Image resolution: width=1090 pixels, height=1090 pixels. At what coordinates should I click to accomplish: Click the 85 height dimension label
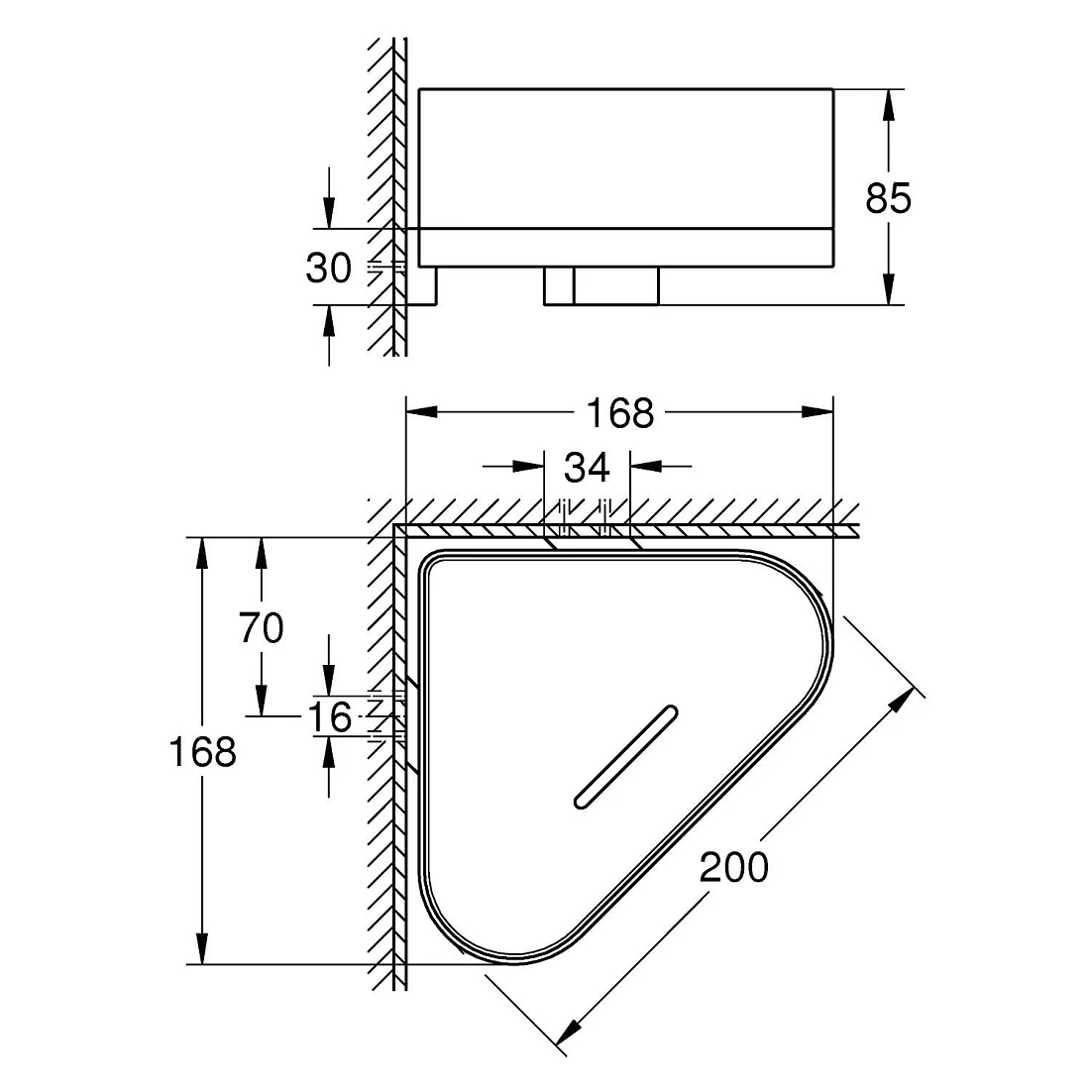point(888,198)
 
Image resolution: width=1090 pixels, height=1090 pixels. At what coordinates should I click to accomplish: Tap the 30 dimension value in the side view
point(328,268)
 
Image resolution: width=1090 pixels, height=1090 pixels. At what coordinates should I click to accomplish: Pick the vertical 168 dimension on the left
point(202,751)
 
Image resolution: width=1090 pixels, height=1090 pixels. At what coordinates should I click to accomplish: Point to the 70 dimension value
point(262,627)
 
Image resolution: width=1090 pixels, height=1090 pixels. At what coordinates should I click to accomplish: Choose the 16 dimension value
point(330,717)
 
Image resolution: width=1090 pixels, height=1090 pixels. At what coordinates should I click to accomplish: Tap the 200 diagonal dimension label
point(734,867)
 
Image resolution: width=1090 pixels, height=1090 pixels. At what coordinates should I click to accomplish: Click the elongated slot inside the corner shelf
point(625,757)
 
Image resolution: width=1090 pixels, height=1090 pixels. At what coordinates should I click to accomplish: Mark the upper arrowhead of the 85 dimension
point(888,106)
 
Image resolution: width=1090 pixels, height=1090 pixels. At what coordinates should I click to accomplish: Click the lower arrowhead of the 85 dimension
point(888,288)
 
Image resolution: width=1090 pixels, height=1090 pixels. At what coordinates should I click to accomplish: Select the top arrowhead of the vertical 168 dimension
point(202,554)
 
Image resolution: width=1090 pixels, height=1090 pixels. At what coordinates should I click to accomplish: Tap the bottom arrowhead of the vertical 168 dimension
point(202,948)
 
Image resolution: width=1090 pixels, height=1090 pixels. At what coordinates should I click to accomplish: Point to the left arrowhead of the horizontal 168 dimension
point(422,412)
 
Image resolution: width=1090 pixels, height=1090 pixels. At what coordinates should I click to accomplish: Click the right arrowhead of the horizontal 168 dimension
point(817,412)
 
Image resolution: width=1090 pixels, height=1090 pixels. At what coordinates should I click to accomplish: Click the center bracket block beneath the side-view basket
point(601,285)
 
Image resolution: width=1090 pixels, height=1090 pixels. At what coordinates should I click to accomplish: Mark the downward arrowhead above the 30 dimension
point(329,212)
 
